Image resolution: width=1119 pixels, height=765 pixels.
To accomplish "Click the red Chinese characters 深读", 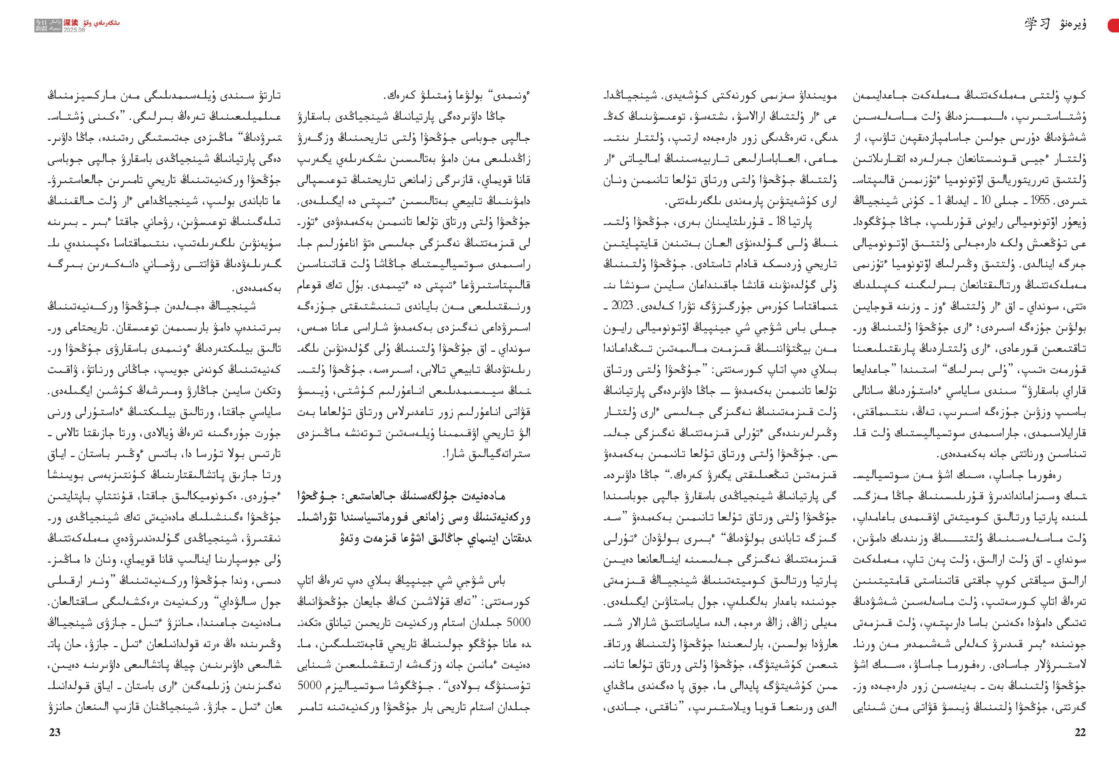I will click(71, 23).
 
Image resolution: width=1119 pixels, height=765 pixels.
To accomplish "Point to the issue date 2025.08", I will click(74, 30).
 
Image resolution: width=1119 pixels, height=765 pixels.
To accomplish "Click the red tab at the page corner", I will click(1114, 26).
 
